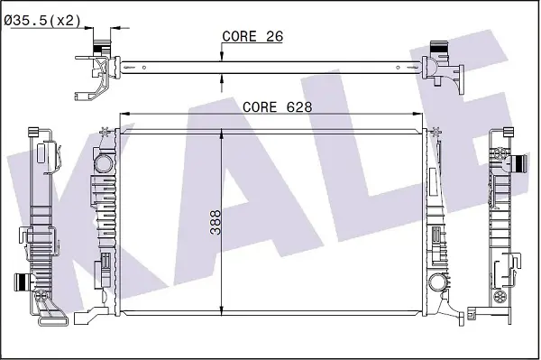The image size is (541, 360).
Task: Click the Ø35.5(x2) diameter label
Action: coord(42,21)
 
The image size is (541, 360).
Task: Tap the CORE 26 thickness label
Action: coord(252,36)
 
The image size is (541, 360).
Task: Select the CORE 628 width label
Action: coord(277,107)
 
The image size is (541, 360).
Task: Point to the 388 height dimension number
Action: coord(215,223)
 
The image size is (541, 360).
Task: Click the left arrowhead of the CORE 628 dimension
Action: coord(124,114)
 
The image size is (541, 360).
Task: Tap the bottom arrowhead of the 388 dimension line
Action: coord(221,310)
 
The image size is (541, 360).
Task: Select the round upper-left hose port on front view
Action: coord(104,163)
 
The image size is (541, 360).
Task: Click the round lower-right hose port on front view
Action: coord(438,282)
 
